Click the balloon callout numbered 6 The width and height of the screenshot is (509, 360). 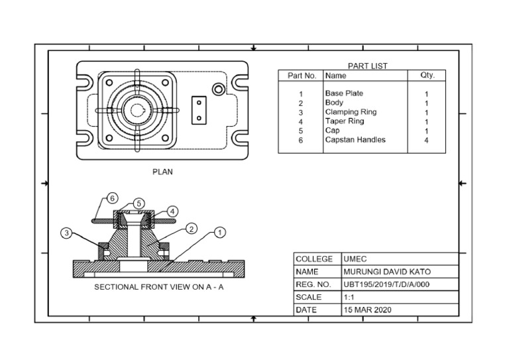click(x=113, y=198)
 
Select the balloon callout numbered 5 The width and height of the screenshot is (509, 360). click(x=139, y=203)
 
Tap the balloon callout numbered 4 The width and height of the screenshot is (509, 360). click(x=172, y=211)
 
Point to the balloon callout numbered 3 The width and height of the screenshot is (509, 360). click(x=66, y=233)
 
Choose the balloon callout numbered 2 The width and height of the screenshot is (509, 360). click(x=191, y=229)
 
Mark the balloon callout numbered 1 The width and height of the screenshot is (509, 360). click(x=220, y=233)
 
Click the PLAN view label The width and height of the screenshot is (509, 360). click(x=162, y=172)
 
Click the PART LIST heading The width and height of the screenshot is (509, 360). click(x=367, y=66)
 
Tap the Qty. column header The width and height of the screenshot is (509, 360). click(x=427, y=76)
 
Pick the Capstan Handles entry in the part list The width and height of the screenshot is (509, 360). click(x=355, y=140)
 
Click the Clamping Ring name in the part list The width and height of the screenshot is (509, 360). click(x=351, y=112)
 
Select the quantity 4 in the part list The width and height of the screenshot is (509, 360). click(x=426, y=141)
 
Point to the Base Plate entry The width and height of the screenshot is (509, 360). click(x=344, y=93)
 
